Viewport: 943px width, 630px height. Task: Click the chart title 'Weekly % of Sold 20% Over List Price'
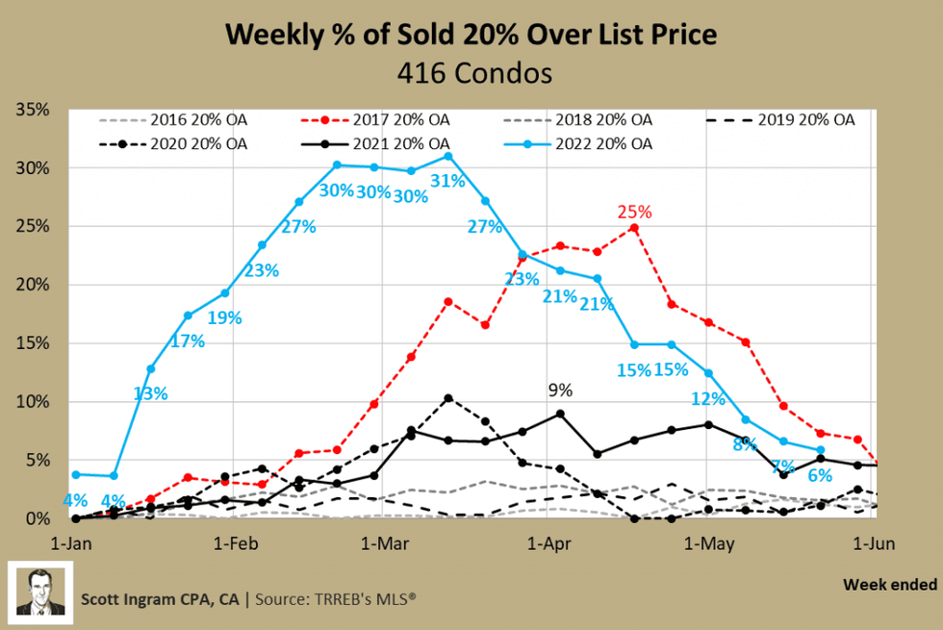coord(471,36)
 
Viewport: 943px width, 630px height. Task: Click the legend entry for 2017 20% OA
coord(381,120)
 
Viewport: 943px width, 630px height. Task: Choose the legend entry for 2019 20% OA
coord(781,120)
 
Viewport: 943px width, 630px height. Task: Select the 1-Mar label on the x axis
coord(383,543)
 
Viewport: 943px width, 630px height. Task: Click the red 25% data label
coord(634,212)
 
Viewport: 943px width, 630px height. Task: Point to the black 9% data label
coord(560,390)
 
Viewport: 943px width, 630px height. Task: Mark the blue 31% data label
coord(448,181)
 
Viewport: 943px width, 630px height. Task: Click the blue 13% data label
coord(151,392)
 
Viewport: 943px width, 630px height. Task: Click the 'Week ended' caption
coord(888,584)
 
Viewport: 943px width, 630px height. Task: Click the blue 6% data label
coord(820,475)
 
